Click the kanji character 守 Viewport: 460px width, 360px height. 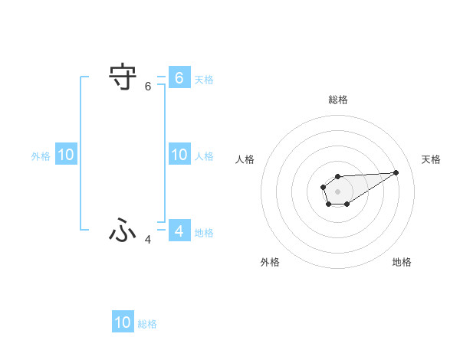click(x=123, y=78)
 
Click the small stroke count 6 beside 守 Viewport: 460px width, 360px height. click(x=148, y=87)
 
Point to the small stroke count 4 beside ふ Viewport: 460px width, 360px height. click(x=148, y=240)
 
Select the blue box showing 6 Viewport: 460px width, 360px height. click(x=179, y=77)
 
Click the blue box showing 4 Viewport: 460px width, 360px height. click(x=179, y=231)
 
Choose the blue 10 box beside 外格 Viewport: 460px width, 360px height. click(x=66, y=155)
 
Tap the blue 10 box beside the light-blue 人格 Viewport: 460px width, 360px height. click(x=179, y=155)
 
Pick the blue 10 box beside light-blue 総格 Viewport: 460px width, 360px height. click(x=123, y=322)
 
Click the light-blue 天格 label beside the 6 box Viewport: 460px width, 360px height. click(x=204, y=79)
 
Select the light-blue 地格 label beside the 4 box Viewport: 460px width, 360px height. click(x=204, y=232)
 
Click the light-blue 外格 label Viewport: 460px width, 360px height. click(x=41, y=156)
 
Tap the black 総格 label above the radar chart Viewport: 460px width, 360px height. click(x=337, y=100)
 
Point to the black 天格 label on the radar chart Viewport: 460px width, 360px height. click(x=431, y=159)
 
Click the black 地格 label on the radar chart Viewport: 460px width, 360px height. click(x=402, y=262)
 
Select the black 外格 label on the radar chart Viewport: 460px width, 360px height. click(x=270, y=262)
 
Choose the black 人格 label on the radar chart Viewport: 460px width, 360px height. click(x=245, y=159)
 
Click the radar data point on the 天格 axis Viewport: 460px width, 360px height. click(x=396, y=172)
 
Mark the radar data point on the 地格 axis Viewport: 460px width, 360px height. click(x=347, y=204)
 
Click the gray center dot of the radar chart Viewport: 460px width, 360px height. click(x=337, y=191)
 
